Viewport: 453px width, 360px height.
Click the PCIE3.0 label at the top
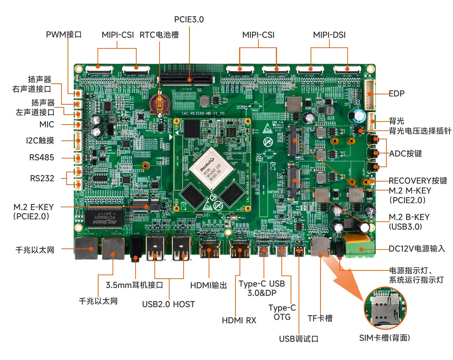189,20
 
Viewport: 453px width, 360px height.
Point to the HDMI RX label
239,320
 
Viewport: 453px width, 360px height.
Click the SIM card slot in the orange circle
385,309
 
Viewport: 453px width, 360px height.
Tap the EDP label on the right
396,94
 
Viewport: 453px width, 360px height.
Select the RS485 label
42,158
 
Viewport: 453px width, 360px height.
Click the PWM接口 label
64,35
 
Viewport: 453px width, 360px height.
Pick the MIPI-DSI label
329,35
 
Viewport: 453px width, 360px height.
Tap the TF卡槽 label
320,318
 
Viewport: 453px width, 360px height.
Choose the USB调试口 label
299,339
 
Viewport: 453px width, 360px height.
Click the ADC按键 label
405,153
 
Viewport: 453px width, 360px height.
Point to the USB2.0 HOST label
168,304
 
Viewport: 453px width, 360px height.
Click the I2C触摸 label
40,140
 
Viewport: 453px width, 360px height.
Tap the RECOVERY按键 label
418,181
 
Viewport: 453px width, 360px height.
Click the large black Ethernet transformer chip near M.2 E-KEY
105,218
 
